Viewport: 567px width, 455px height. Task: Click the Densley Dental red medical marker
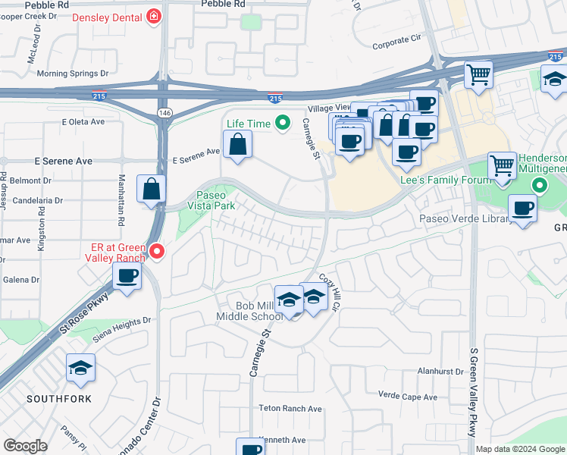click(x=155, y=15)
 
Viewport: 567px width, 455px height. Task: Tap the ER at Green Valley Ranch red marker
click(x=158, y=250)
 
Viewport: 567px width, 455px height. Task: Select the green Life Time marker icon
click(x=283, y=122)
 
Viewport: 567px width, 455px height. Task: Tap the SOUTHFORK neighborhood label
click(x=59, y=399)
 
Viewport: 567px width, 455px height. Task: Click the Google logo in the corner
click(x=25, y=446)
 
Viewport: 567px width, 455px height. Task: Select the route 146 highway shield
click(x=164, y=112)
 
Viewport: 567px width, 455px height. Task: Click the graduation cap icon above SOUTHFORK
click(x=80, y=369)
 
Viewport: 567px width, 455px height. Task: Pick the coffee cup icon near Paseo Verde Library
click(x=522, y=208)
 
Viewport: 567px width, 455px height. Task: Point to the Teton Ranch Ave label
click(x=291, y=409)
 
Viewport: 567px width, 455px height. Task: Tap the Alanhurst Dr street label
click(x=440, y=372)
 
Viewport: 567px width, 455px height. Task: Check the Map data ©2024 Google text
click(x=519, y=449)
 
